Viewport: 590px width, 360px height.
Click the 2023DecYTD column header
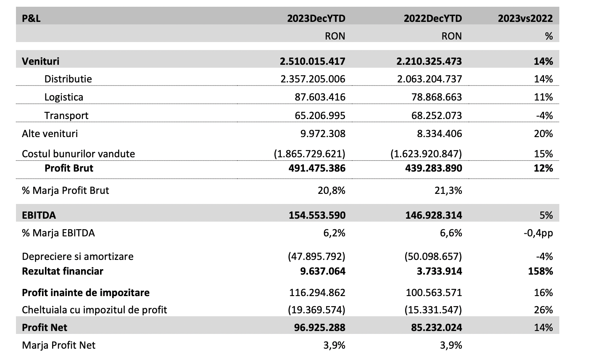tap(316, 19)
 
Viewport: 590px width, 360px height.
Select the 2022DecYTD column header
tap(433, 19)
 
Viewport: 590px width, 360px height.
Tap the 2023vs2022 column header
tap(525, 19)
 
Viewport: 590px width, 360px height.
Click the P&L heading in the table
tap(31, 19)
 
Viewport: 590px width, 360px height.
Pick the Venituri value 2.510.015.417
tap(312, 61)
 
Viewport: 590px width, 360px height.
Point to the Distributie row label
tap(68, 79)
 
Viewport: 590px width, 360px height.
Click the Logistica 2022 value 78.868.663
tap(437, 97)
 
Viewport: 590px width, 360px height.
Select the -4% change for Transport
tap(544, 115)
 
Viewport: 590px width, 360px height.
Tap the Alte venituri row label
tap(50, 134)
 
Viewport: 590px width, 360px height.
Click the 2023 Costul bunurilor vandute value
tap(309, 154)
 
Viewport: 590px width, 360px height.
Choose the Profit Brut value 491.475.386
tap(317, 168)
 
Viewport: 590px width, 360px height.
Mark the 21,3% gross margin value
tap(448, 190)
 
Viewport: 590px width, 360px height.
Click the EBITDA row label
tap(39, 215)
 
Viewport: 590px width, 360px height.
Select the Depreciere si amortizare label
tap(78, 257)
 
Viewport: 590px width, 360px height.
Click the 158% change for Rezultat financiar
tap(540, 271)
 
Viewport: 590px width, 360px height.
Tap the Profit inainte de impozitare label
tap(86, 293)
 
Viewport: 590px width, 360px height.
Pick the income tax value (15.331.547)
tap(433, 310)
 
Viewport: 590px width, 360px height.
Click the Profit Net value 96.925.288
tap(319, 328)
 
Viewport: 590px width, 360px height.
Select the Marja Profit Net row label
tap(58, 345)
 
